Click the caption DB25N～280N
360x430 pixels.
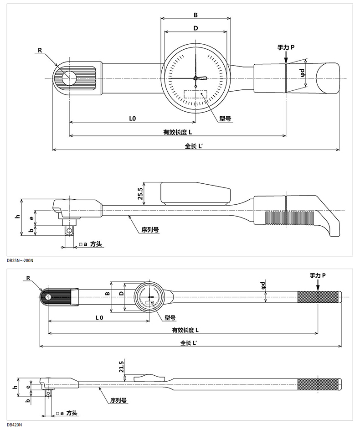[x=20, y=260]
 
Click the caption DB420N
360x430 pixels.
[x=14, y=425]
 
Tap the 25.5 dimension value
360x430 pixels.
[x=140, y=194]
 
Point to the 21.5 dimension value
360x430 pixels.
[x=122, y=366]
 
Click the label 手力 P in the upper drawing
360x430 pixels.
[x=286, y=47]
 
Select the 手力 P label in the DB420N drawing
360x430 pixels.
[x=318, y=275]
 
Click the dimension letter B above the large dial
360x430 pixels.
[x=195, y=15]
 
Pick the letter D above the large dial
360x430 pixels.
[x=195, y=28]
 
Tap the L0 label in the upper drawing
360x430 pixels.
[x=133, y=119]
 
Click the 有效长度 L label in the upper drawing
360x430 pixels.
[x=178, y=132]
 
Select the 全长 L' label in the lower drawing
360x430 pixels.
[x=188, y=343]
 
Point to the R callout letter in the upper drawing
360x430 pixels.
[x=40, y=50]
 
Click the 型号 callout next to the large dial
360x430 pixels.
[x=225, y=119]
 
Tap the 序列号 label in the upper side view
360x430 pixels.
[x=150, y=230]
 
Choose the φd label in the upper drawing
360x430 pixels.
[x=303, y=73]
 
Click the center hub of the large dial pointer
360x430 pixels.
[x=195, y=78]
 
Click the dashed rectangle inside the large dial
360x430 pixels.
[x=195, y=94]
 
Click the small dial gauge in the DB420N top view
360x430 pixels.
[x=149, y=297]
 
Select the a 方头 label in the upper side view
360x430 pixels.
[x=90, y=244]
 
